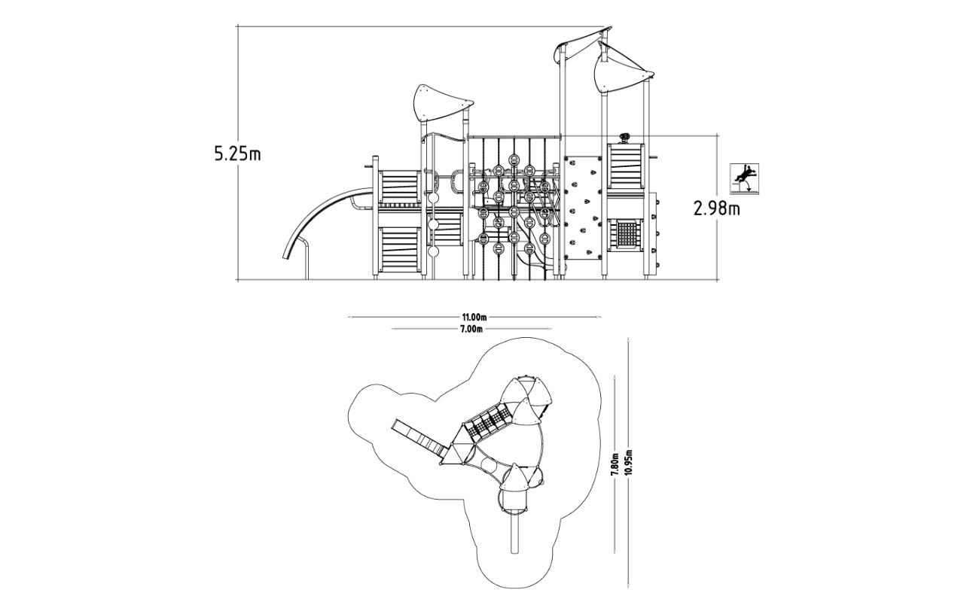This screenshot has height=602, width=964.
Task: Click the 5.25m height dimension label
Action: click(237, 154)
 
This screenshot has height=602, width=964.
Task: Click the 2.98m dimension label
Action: click(716, 209)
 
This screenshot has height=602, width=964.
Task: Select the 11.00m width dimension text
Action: click(474, 318)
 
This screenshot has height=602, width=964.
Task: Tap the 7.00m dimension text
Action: click(471, 330)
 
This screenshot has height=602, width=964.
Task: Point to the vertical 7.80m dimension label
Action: click(615, 465)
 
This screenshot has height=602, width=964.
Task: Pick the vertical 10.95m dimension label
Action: click(629, 462)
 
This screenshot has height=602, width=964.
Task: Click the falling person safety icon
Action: click(744, 179)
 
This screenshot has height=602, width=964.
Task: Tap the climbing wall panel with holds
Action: click(583, 208)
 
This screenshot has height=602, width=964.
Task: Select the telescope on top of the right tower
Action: click(624, 138)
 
